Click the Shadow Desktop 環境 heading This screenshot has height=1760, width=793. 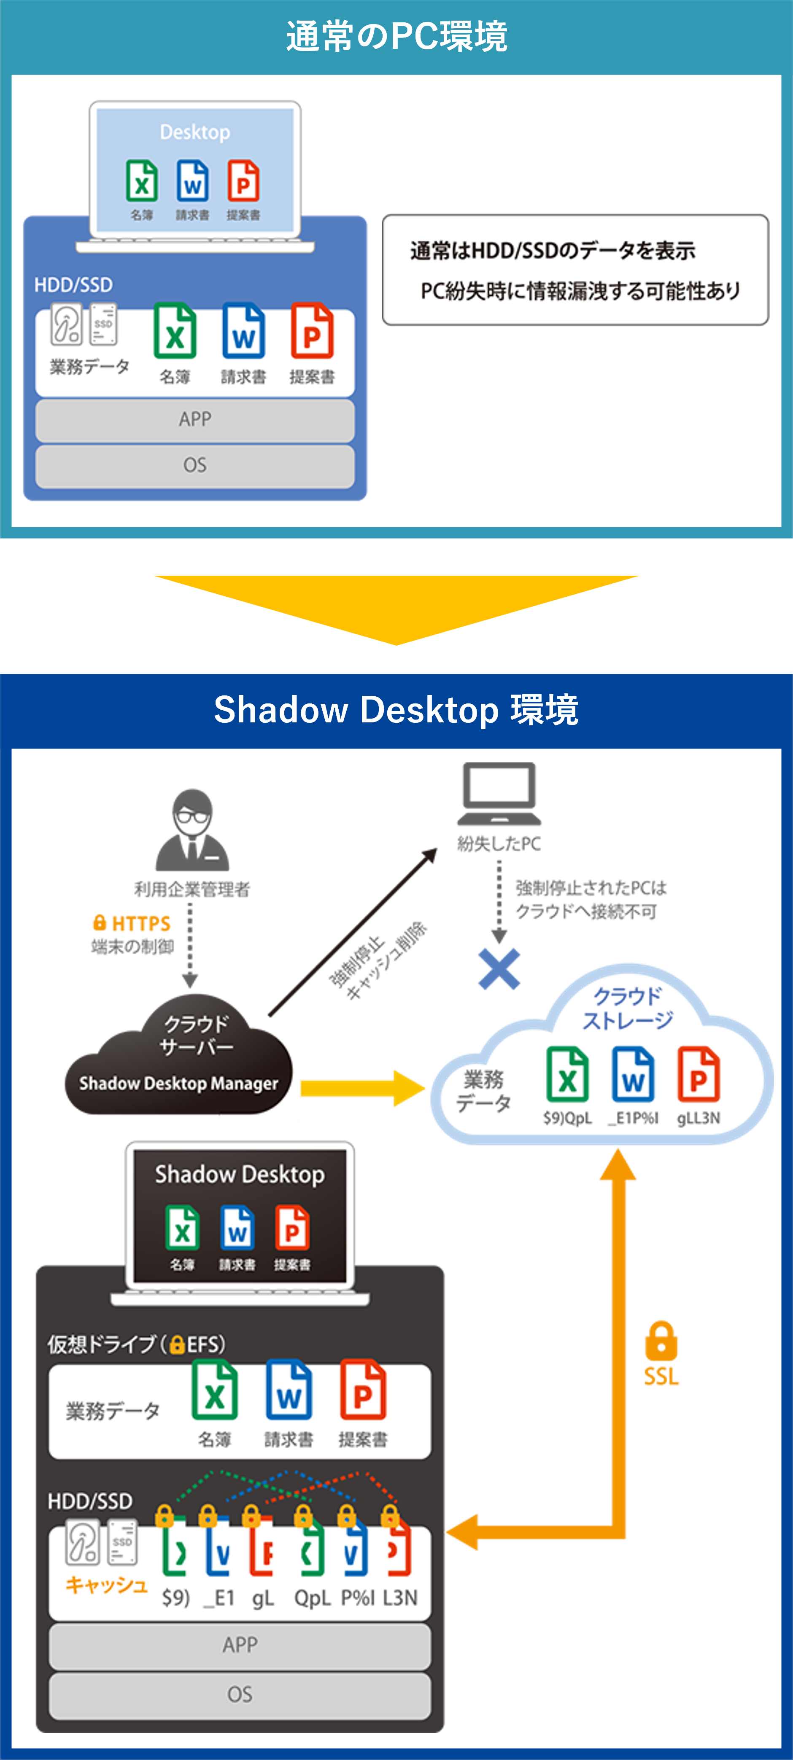pyautogui.click(x=396, y=710)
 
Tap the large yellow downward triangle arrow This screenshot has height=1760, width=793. pyautogui.click(x=396, y=605)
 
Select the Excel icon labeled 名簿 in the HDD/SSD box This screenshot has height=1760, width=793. pyautogui.click(x=175, y=331)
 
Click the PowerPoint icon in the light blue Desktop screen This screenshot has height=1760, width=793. pyautogui.click(x=243, y=180)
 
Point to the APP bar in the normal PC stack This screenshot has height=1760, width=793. pyautogui.click(x=195, y=419)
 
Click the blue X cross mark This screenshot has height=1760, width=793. pyautogui.click(x=499, y=969)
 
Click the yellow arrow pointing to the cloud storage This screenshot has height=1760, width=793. pyautogui.click(x=362, y=1088)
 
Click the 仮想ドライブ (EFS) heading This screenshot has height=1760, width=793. pyautogui.click(x=136, y=1344)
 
